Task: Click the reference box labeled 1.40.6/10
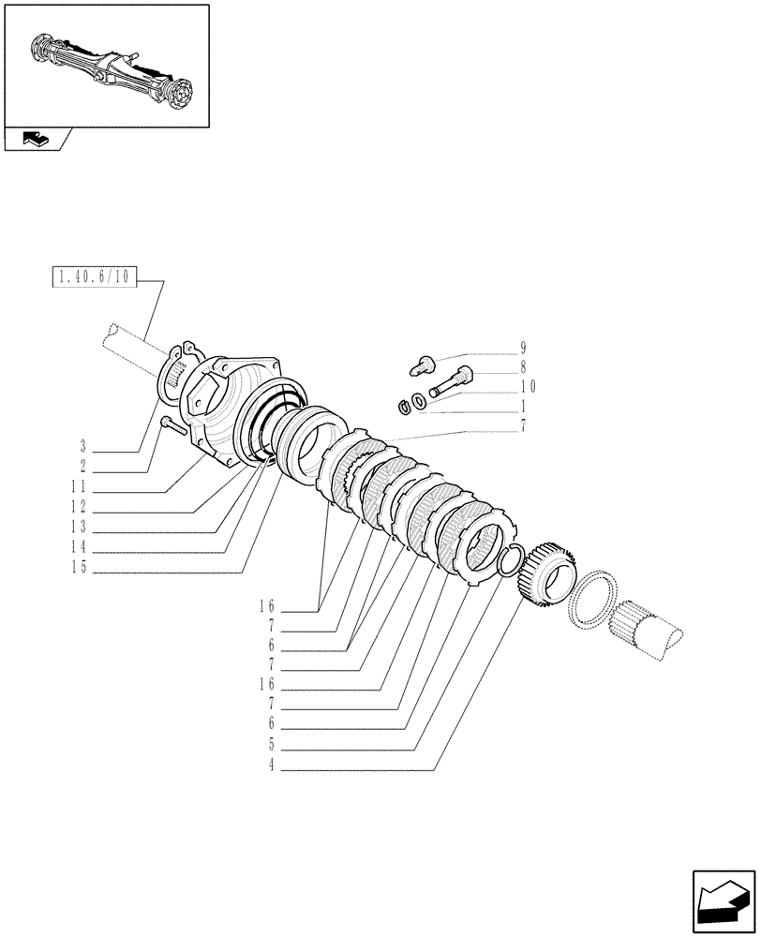(x=96, y=276)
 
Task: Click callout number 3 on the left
(x=83, y=445)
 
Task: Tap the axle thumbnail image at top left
(x=105, y=65)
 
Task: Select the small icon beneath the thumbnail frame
(x=34, y=140)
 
